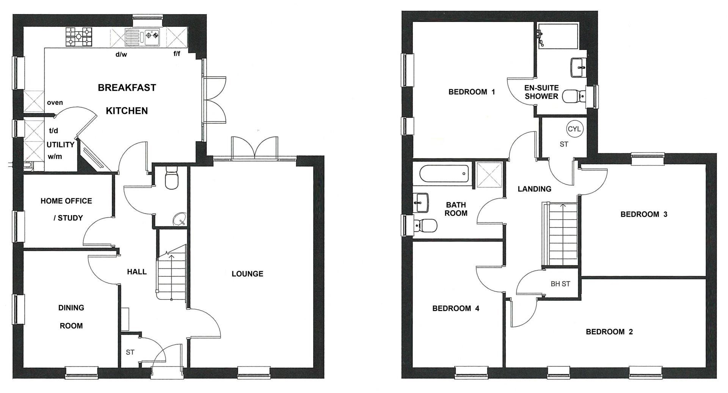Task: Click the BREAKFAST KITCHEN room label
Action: tap(127, 99)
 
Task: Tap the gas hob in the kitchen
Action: tap(79, 37)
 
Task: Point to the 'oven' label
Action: tap(55, 103)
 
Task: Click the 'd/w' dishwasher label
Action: tap(121, 55)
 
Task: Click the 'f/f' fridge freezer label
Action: tap(177, 54)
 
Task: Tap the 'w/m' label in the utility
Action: tap(55, 156)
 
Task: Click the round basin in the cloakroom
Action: tap(179, 219)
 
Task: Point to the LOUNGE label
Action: tap(247, 274)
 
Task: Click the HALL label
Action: tap(136, 272)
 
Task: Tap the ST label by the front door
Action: tap(130, 352)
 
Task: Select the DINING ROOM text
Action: tap(71, 317)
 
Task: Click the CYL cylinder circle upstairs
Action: tap(574, 129)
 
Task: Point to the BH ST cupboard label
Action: tap(560, 284)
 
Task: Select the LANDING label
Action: tap(534, 189)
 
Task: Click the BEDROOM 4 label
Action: tap(455, 309)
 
